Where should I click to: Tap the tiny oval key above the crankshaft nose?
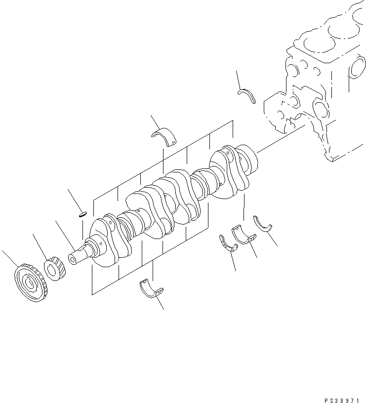(x=82, y=214)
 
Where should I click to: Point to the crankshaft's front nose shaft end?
(x=74, y=257)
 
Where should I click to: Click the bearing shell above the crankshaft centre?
(x=166, y=136)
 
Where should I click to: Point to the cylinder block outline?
(x=321, y=84)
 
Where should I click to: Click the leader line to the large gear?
(x=10, y=259)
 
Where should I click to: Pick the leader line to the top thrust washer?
(x=239, y=79)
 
